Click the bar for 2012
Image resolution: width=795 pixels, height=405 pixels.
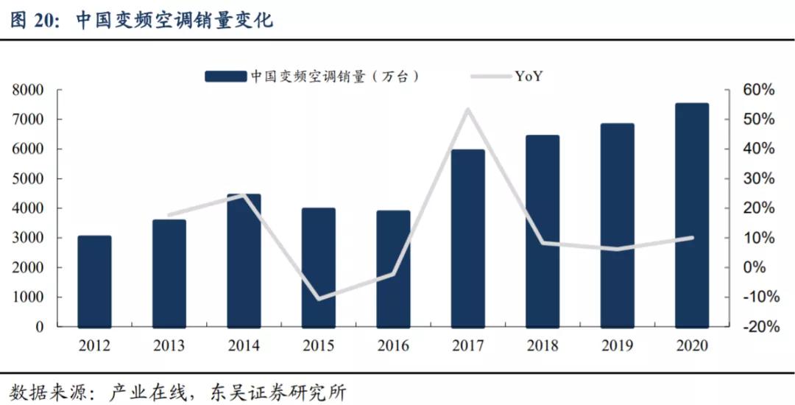tap(94, 281)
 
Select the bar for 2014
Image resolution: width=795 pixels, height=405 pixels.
tap(244, 261)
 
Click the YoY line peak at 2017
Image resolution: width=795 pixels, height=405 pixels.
tap(467, 110)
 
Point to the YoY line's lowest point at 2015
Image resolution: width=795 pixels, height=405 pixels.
tap(319, 299)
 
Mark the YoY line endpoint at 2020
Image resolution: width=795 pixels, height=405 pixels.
tap(691, 237)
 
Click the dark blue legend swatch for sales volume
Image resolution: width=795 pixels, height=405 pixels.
tap(225, 75)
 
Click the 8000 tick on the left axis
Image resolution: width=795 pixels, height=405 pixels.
tap(28, 90)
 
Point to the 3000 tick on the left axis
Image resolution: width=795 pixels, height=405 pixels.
tap(28, 238)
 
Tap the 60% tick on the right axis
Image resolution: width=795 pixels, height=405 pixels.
tap(758, 90)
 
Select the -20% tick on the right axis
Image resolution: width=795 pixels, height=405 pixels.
tap(757, 327)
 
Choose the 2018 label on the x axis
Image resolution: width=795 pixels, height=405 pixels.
tap(542, 346)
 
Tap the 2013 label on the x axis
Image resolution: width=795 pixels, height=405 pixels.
tap(169, 346)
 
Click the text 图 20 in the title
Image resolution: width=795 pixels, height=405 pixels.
tap(34, 20)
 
